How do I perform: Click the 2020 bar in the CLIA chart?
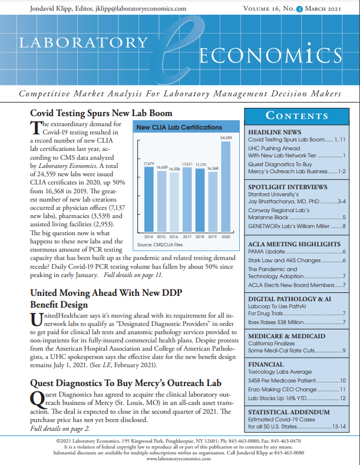click(226, 186)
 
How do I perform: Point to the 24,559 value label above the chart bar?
click(226, 138)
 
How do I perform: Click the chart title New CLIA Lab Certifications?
click(179, 127)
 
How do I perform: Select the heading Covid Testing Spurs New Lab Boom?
click(101, 113)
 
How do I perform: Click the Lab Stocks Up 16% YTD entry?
click(276, 398)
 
